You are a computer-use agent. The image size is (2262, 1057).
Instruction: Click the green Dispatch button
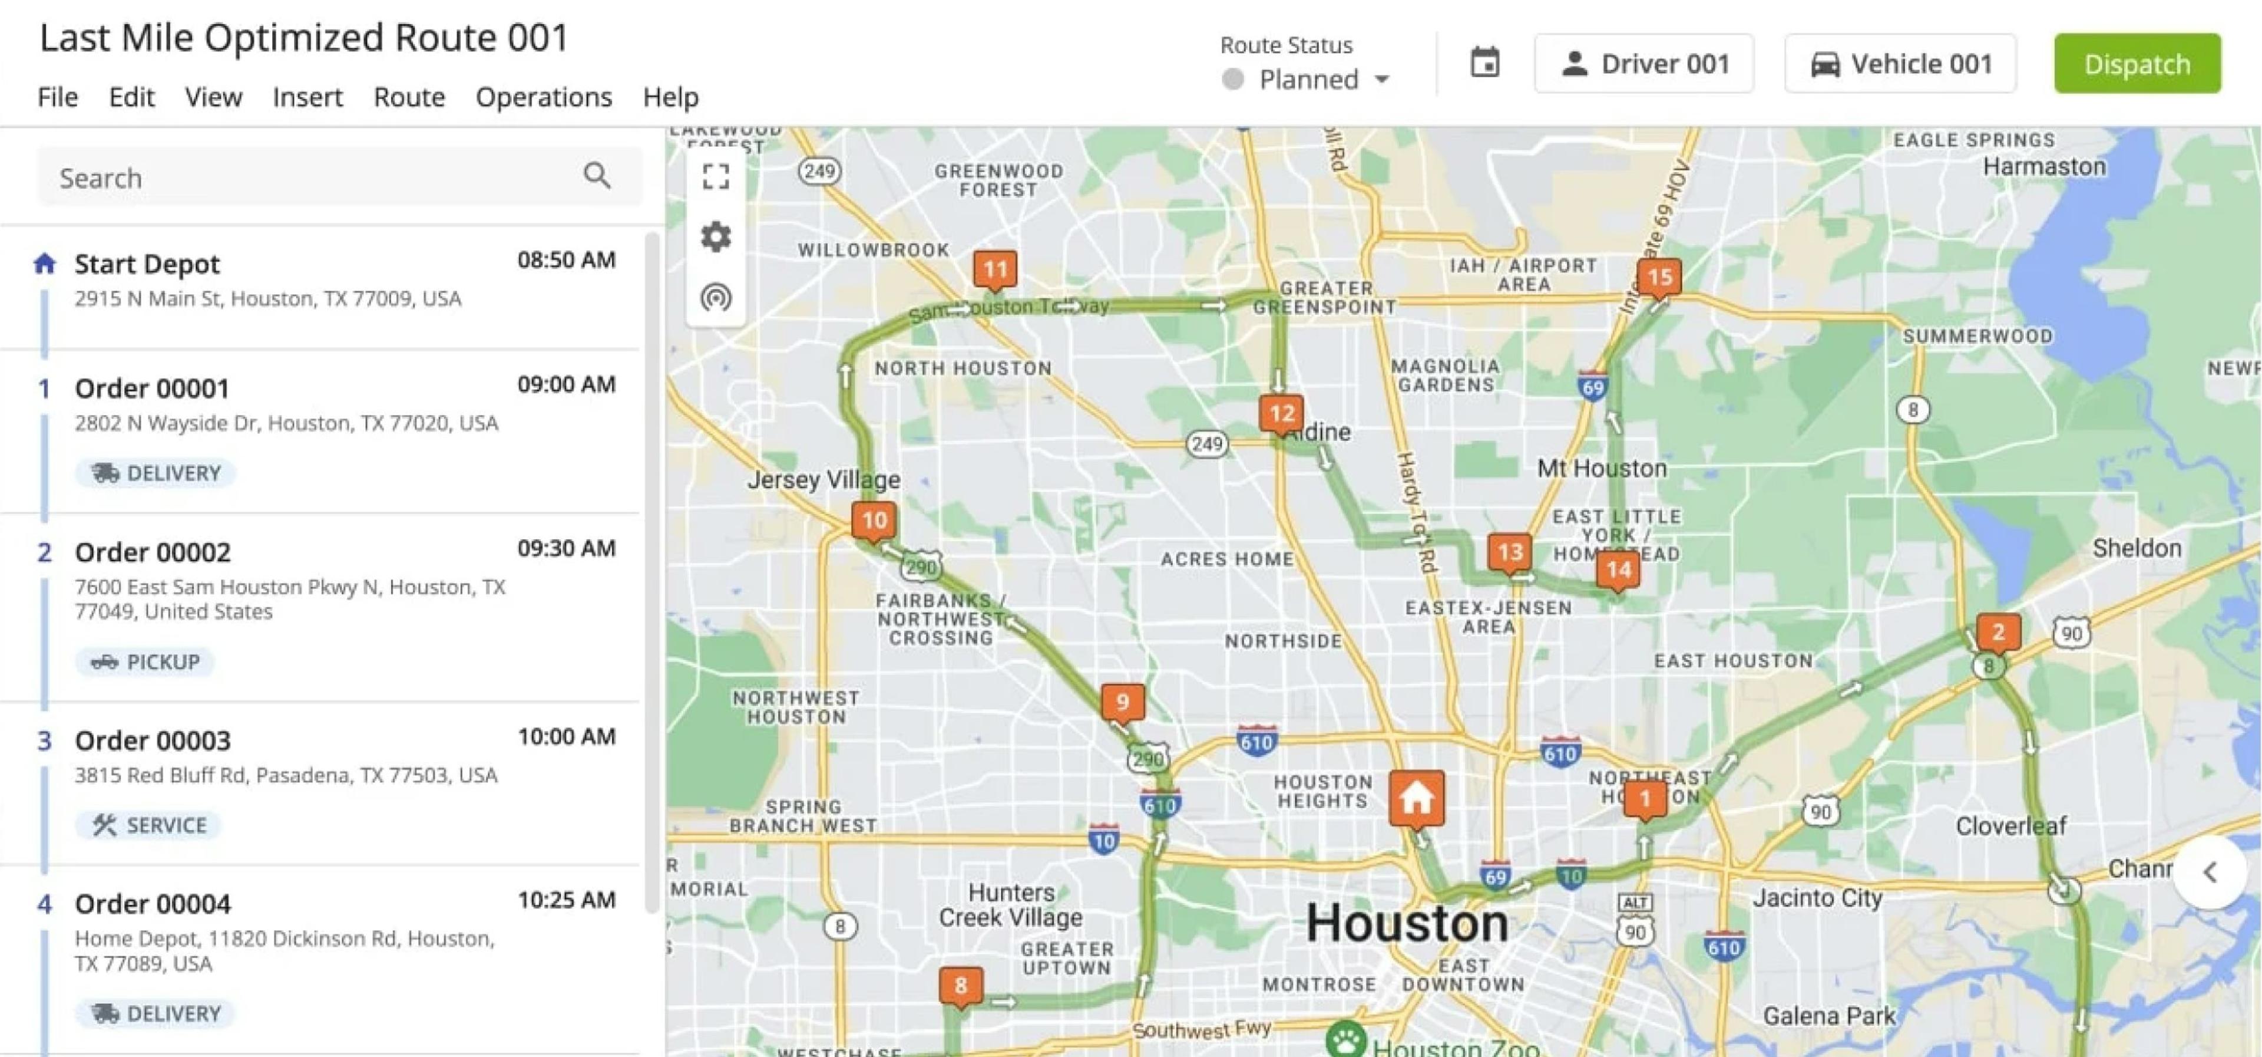[x=2137, y=63]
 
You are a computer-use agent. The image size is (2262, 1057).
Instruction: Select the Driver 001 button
[x=1644, y=63]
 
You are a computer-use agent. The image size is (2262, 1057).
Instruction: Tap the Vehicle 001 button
[x=1900, y=63]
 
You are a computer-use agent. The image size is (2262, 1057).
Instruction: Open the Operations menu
[x=544, y=97]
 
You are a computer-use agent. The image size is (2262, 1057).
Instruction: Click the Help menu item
[x=670, y=97]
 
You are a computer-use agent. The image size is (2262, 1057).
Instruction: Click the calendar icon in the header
[x=1485, y=62]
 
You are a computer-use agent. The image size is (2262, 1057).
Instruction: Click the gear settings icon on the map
[x=716, y=236]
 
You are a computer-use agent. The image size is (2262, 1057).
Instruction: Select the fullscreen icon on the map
[x=716, y=177]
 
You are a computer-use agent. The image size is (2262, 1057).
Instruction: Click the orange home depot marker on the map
[x=1416, y=798]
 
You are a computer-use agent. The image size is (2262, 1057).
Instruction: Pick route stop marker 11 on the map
[x=995, y=269]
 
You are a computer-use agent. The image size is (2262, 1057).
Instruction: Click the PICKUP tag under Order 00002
[x=145, y=661]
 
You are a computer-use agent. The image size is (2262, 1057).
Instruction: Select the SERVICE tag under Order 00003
[x=148, y=825]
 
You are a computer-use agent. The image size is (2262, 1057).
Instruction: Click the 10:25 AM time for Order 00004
[x=566, y=900]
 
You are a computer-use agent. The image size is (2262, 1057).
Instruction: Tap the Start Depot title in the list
[x=147, y=264]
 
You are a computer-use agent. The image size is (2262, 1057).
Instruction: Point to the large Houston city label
[x=1407, y=923]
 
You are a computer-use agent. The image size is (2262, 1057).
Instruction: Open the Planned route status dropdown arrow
[x=1381, y=80]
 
